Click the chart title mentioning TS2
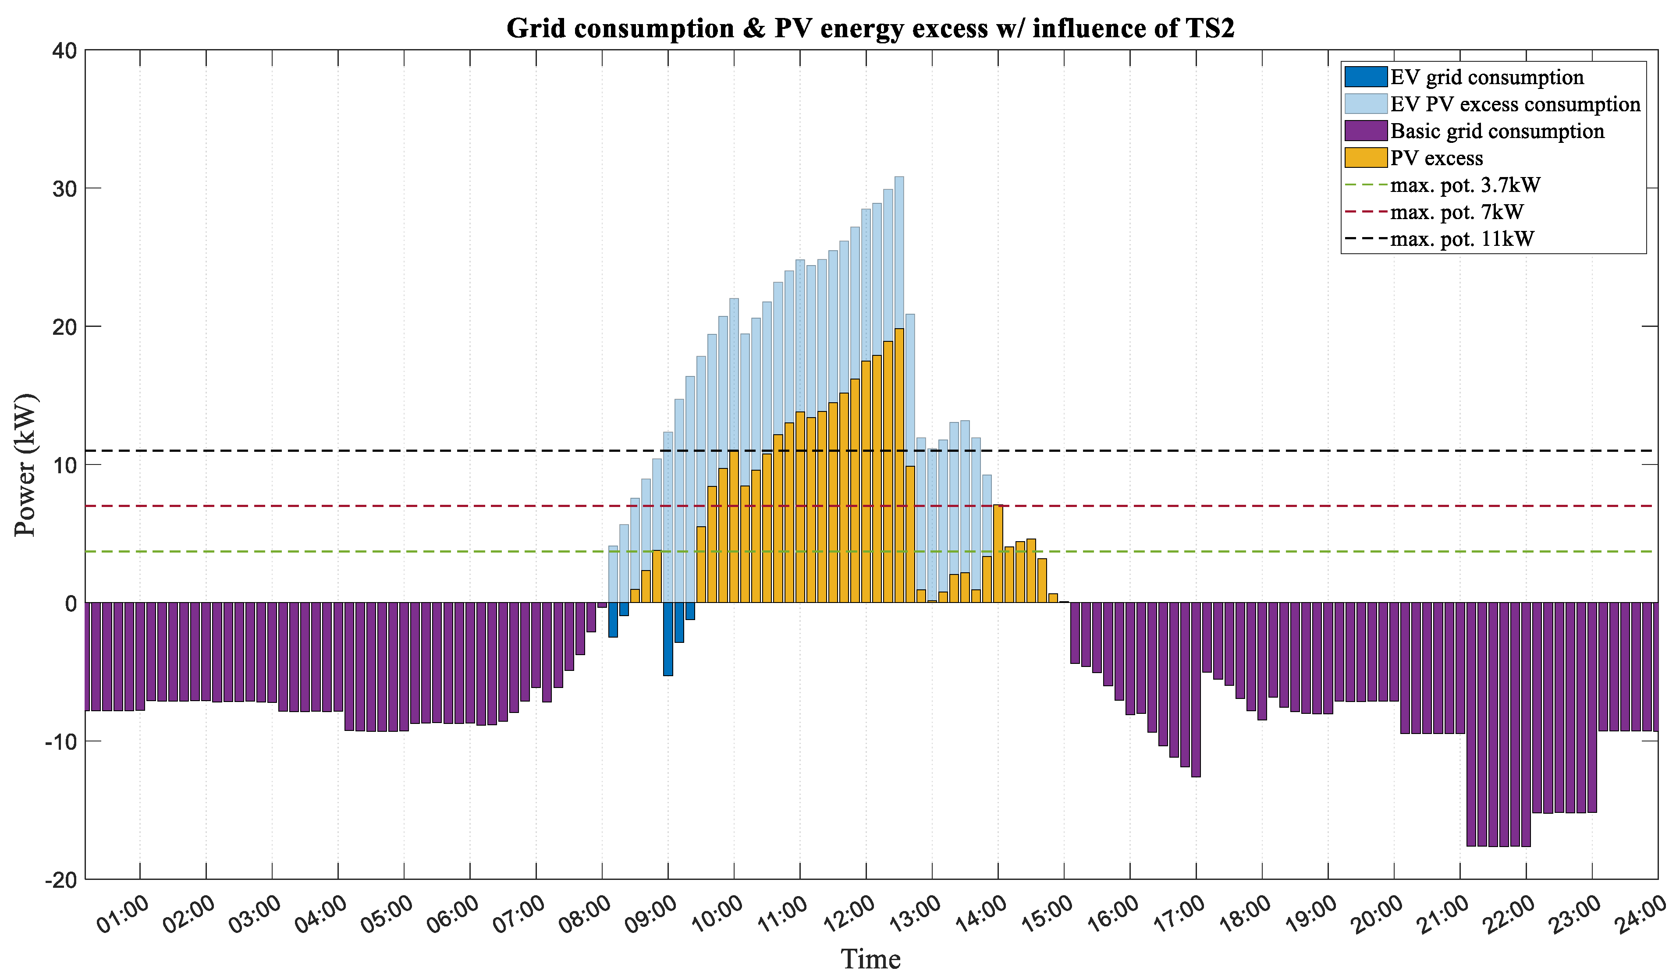coord(870,28)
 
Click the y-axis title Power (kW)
coord(25,465)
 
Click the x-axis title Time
coord(870,958)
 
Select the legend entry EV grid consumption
coord(1487,77)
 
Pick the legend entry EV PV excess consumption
coord(1514,104)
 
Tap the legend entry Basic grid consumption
coord(1496,131)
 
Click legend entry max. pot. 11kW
coord(1461,239)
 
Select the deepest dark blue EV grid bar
coord(668,638)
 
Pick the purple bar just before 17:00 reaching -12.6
coord(1196,688)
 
